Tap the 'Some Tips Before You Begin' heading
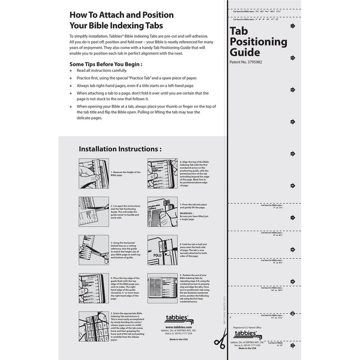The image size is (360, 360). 106,64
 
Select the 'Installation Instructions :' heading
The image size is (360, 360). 120,149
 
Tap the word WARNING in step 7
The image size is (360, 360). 187,213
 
